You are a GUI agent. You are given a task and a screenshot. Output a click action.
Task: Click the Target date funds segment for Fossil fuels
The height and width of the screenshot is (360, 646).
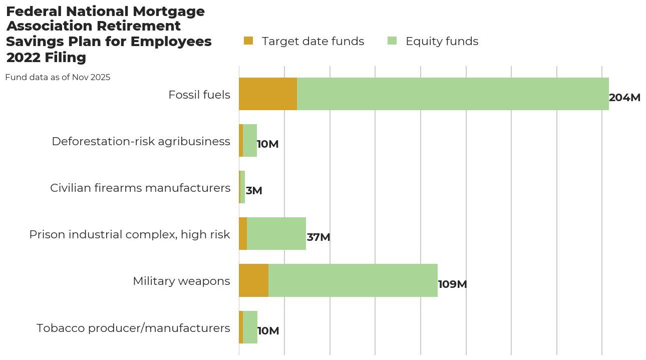[x=268, y=94]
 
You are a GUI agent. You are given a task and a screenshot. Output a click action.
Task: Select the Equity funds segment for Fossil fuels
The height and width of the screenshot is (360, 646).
[x=453, y=94]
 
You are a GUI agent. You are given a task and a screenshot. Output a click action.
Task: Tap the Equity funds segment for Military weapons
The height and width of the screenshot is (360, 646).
[x=353, y=280]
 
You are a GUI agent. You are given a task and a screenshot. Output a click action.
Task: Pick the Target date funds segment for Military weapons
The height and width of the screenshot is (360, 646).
[x=253, y=280]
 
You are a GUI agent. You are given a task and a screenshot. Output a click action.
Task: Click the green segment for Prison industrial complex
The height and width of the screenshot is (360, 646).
[x=276, y=234]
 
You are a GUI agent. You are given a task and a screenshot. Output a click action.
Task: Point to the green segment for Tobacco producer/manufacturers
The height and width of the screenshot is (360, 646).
[x=250, y=327]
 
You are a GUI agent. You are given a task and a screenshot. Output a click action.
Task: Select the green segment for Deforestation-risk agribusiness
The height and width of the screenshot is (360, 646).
[x=249, y=141]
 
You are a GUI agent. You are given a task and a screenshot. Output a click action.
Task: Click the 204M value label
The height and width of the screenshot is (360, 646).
[x=624, y=98]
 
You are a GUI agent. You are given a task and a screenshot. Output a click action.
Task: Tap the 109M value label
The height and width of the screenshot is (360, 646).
[x=452, y=284]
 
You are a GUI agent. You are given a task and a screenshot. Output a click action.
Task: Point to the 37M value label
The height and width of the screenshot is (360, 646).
[x=318, y=237]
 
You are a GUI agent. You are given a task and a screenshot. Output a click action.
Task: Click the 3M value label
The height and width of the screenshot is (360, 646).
[x=254, y=191]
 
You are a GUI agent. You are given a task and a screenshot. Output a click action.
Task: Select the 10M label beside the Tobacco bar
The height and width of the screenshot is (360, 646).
[x=268, y=331]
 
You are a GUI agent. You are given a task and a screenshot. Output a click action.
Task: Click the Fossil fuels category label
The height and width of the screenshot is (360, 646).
[x=199, y=95]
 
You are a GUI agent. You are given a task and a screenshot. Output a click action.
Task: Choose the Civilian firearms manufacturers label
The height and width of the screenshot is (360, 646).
[x=140, y=188]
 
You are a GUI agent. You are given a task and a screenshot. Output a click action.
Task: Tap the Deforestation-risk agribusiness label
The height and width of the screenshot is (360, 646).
[x=141, y=141]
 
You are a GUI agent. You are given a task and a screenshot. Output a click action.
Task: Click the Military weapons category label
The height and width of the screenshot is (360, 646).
[x=181, y=281]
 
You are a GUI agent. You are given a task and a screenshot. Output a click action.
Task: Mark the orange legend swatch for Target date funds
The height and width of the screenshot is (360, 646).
[x=248, y=41]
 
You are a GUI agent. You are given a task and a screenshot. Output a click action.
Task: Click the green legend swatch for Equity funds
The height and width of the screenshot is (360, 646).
[x=392, y=41]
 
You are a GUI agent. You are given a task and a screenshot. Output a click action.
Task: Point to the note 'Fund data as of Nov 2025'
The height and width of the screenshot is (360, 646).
[x=58, y=78]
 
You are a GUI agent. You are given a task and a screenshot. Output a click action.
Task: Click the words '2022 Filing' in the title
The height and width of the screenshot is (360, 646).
[x=46, y=58]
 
